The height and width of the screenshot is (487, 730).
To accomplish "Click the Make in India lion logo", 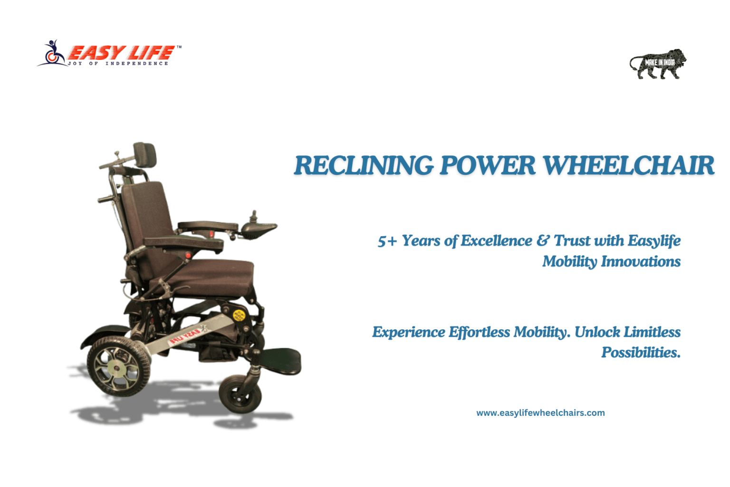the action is [x=658, y=64].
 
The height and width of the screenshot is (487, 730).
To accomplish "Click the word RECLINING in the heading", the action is [x=364, y=165].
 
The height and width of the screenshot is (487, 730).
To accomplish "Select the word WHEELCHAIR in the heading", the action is [x=629, y=165].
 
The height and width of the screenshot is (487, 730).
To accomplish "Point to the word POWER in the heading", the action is [x=488, y=165].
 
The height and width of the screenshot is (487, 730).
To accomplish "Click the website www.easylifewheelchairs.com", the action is [x=540, y=413].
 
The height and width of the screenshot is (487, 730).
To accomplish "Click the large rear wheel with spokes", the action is [x=118, y=366].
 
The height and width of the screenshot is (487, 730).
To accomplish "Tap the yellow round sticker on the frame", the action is [x=239, y=315].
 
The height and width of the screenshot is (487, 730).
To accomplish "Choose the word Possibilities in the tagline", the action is [x=641, y=353].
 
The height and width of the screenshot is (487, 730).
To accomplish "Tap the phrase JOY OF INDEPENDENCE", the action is [x=118, y=64].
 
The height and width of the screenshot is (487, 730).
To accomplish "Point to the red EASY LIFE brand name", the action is [x=121, y=53].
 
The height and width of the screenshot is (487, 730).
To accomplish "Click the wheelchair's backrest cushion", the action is [x=148, y=225].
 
